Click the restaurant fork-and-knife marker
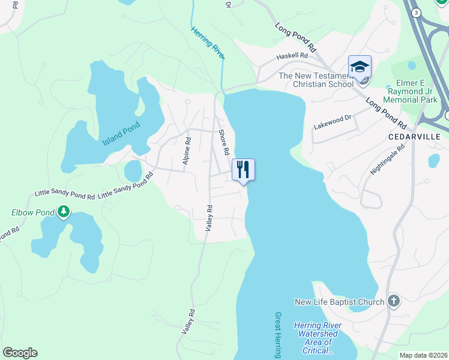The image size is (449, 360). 243,169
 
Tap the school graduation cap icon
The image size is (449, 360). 360,66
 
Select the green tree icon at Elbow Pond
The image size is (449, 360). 63,212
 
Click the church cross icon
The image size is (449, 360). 393,301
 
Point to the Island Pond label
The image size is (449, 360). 121,133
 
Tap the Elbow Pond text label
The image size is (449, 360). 32,212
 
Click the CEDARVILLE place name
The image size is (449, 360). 415,137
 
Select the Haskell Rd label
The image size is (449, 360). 291,56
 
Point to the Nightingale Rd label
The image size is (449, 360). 388,159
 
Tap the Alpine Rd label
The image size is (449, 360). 187,152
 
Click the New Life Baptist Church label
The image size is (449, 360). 339,302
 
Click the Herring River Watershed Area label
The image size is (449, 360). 318,338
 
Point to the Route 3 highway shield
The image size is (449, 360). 415,12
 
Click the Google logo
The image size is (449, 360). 20,353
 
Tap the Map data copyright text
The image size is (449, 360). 424,355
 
